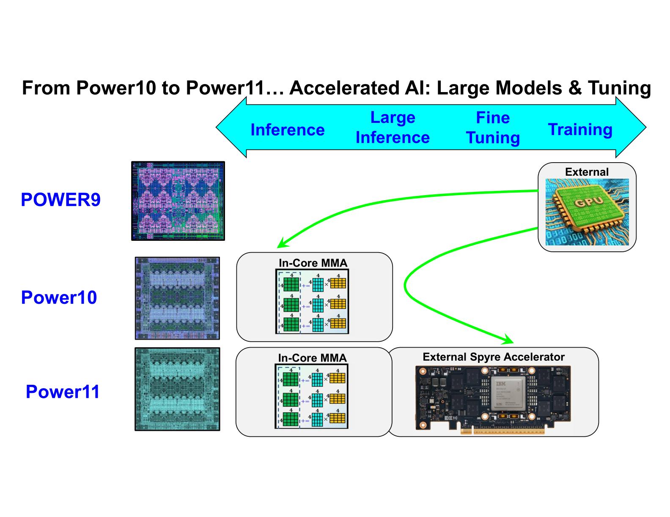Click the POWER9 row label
pos(60,200)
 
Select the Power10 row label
pos(59,297)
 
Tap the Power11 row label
pos(63,392)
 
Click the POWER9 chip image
pos(178,201)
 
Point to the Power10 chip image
pos(177,298)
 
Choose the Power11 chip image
pos(177,389)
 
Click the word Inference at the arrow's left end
pos(288,130)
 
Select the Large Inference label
pos(393,128)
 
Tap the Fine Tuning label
pos(493,128)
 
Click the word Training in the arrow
pos(580,129)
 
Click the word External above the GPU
pos(587,172)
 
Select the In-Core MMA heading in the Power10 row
pos(313,263)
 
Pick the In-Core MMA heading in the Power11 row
pos(312,358)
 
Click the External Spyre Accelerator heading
pos(493,357)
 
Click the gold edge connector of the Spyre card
pos(502,431)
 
